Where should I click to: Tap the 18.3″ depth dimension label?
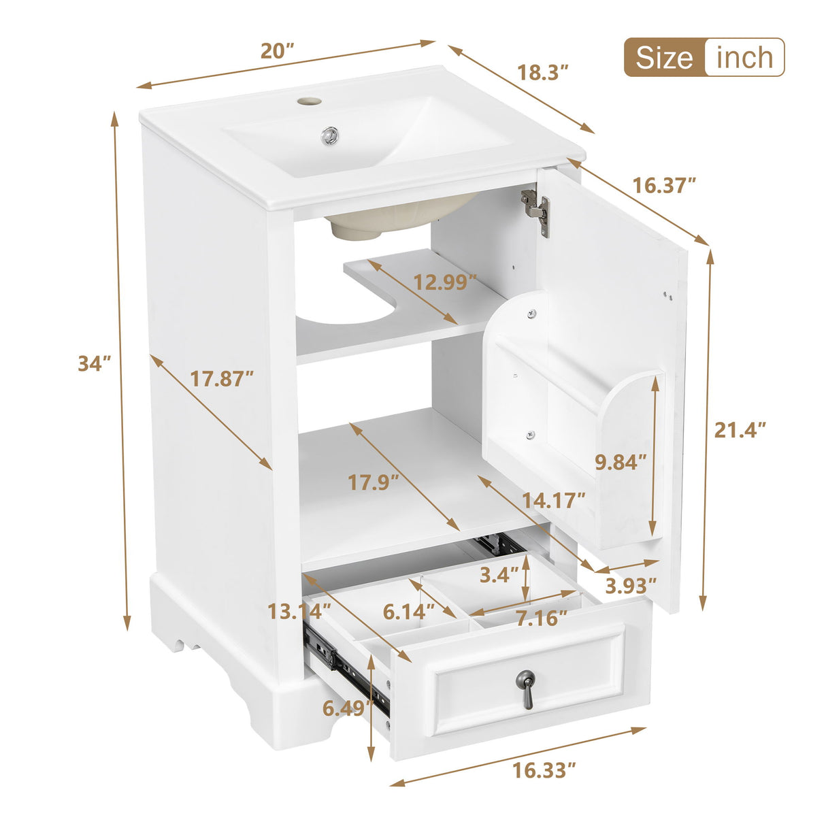[x=543, y=73]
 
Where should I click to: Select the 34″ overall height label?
[x=94, y=363]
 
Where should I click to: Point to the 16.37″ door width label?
[x=664, y=184]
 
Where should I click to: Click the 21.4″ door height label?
[x=740, y=430]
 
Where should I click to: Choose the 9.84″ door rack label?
[x=620, y=462]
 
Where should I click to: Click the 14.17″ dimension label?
[x=553, y=500]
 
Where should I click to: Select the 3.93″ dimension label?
[x=631, y=584]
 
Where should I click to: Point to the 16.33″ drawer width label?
[x=544, y=770]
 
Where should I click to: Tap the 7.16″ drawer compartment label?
[x=541, y=618]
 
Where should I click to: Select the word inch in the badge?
[x=745, y=58]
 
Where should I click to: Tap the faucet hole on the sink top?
[x=309, y=101]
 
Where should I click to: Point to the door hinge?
[x=536, y=210]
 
